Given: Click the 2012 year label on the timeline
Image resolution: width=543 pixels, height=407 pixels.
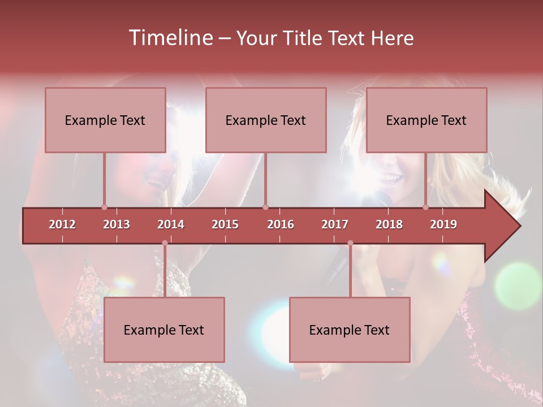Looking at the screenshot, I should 62,224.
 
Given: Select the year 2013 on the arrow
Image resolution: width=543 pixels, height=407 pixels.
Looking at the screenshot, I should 117,224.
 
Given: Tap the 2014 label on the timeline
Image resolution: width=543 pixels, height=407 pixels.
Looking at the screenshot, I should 171,224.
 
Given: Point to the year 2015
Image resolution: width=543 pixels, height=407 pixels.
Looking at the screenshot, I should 225,224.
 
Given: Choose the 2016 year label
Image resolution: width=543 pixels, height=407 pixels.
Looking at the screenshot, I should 281,224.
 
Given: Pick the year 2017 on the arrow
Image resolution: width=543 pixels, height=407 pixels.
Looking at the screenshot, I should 335,224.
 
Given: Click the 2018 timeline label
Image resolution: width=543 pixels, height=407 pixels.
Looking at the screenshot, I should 389,224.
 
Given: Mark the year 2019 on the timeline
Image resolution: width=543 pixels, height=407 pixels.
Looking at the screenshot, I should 443,224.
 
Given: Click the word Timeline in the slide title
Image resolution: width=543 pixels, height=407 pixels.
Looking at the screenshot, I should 170,38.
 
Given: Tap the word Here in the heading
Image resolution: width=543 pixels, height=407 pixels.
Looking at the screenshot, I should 393,38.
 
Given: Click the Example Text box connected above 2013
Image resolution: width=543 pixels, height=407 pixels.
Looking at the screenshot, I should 105,120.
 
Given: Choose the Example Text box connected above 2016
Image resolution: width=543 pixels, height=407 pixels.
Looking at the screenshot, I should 266,120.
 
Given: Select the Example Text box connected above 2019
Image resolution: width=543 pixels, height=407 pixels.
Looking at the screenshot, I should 426,120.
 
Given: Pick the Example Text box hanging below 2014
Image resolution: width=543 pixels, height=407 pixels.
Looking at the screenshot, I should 164,330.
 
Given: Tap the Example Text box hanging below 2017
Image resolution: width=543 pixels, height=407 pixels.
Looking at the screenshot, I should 350,330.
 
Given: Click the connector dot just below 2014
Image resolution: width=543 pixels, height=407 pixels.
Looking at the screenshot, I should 165,243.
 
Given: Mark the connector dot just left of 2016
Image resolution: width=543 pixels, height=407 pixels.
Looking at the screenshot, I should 266,207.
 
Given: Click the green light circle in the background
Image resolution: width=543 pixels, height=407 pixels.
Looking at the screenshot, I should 518,285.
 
